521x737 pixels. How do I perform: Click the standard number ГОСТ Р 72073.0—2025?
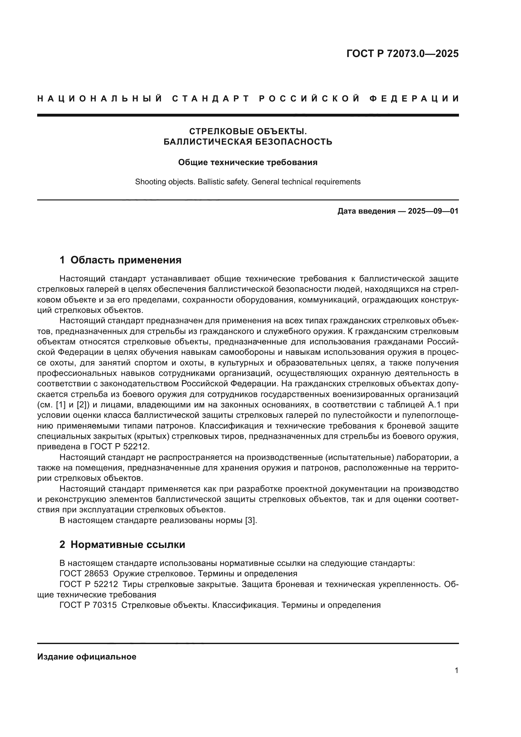point(402,54)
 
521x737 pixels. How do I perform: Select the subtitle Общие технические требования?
point(248,162)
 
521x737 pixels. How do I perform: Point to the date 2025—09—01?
point(433,211)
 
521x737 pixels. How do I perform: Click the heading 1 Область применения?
point(120,260)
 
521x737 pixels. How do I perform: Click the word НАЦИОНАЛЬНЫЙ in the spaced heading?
point(100,99)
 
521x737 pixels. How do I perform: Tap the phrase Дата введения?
point(366,211)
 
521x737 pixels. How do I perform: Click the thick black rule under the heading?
point(248,115)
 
